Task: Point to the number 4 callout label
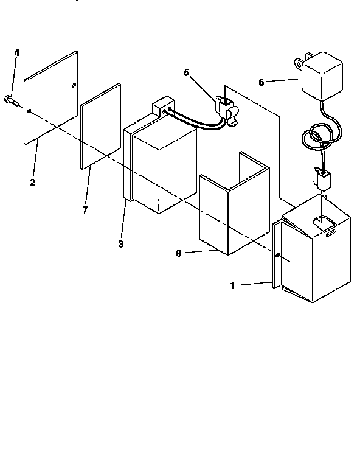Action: point(17,54)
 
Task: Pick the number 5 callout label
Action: point(186,73)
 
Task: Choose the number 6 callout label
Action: point(261,82)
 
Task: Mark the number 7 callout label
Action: point(85,209)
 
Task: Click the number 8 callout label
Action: point(179,253)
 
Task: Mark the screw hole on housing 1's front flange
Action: point(277,256)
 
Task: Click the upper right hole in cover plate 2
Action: point(74,84)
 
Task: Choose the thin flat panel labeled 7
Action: point(100,126)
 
